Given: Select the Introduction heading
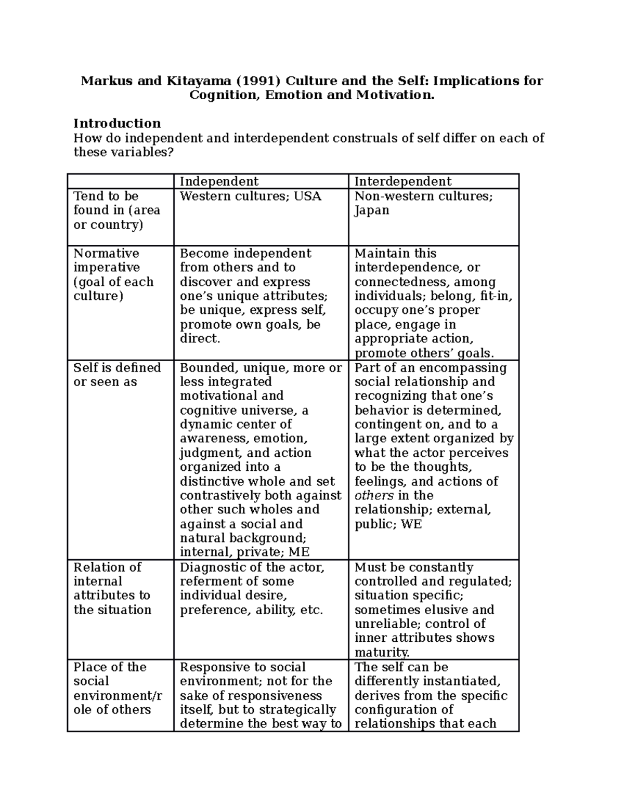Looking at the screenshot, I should click(117, 123).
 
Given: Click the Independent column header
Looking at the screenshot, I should click(219, 181).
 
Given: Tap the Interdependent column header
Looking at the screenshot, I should click(403, 181).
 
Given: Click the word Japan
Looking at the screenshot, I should click(372, 210).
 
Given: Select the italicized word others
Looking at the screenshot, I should click(374, 495).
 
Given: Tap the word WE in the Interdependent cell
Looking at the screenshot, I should click(411, 524).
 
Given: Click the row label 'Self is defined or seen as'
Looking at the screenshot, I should click(117, 375).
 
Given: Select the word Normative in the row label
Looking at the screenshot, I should click(107, 253).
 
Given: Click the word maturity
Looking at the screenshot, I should click(382, 652).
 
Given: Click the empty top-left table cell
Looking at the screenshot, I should click(121, 181).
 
